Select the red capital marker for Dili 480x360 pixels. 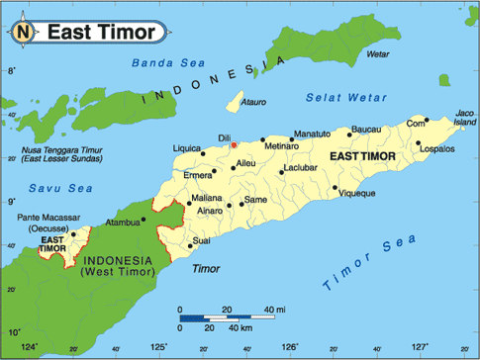tap(234, 145)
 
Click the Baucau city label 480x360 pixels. tap(366, 129)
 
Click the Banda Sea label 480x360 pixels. tap(158, 66)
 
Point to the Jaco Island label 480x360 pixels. tap(463, 117)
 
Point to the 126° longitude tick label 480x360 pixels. tap(290, 346)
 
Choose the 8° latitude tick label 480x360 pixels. tap(11, 71)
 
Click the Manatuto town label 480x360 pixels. tap(313, 132)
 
